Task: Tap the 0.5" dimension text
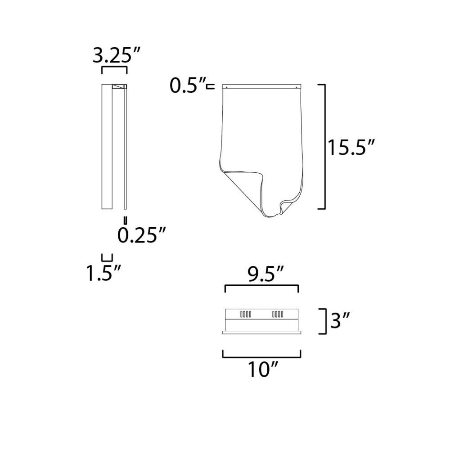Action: (188, 85)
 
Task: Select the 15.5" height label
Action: (351, 148)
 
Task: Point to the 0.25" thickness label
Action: (142, 235)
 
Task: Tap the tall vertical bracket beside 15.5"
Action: (325, 147)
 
